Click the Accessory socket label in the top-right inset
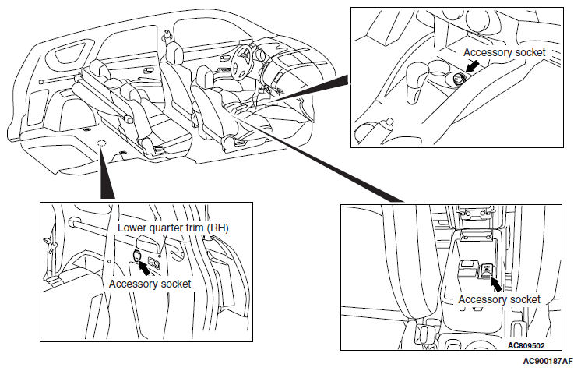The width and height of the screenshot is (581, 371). tap(505, 53)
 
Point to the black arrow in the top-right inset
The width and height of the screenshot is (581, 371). tap(471, 67)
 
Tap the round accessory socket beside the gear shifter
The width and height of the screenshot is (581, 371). tap(459, 79)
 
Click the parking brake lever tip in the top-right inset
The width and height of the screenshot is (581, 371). tap(389, 122)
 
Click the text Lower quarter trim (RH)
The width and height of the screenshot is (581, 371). tap(173, 228)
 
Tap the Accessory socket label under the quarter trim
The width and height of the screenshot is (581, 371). tap(150, 284)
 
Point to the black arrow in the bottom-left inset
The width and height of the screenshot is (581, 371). tap(145, 268)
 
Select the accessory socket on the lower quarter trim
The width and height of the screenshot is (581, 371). tap(136, 255)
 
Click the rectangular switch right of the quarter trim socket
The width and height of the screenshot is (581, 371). tap(154, 263)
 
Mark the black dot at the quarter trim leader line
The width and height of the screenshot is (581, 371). tap(160, 255)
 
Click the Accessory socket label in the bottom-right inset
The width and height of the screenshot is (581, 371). tap(499, 299)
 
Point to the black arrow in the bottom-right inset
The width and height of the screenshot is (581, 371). tap(495, 284)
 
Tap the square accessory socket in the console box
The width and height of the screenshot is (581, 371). tap(487, 270)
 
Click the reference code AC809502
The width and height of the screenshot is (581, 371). tap(526, 346)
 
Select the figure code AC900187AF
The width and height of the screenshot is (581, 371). tap(548, 361)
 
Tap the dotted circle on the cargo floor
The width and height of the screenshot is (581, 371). tap(101, 143)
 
